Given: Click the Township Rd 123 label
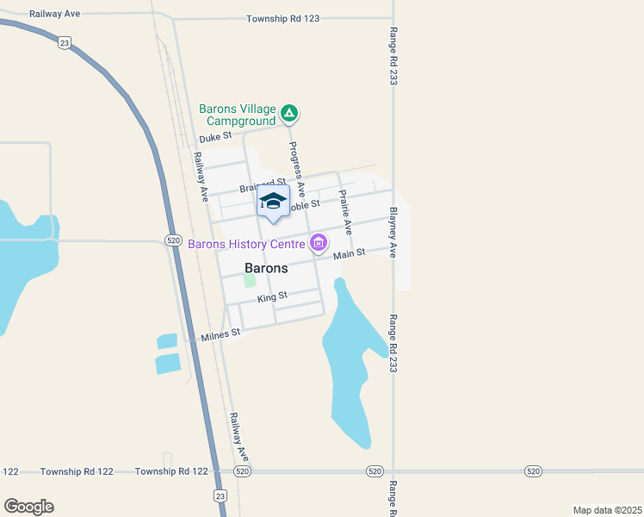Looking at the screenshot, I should [x=282, y=18].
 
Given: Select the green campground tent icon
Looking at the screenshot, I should [x=290, y=112].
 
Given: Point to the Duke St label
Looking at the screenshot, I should [x=215, y=137].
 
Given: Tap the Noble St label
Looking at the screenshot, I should [x=303, y=205].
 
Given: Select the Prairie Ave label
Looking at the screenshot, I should [x=345, y=212].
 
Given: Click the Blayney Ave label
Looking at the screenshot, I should [x=393, y=232].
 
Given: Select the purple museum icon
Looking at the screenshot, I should [x=319, y=244].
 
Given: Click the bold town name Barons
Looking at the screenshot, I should [x=266, y=268].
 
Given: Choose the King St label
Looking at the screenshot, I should [x=272, y=297].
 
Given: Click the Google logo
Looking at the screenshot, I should [x=28, y=507].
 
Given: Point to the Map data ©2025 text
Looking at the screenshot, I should [x=607, y=510].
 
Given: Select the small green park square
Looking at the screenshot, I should [x=250, y=280].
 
